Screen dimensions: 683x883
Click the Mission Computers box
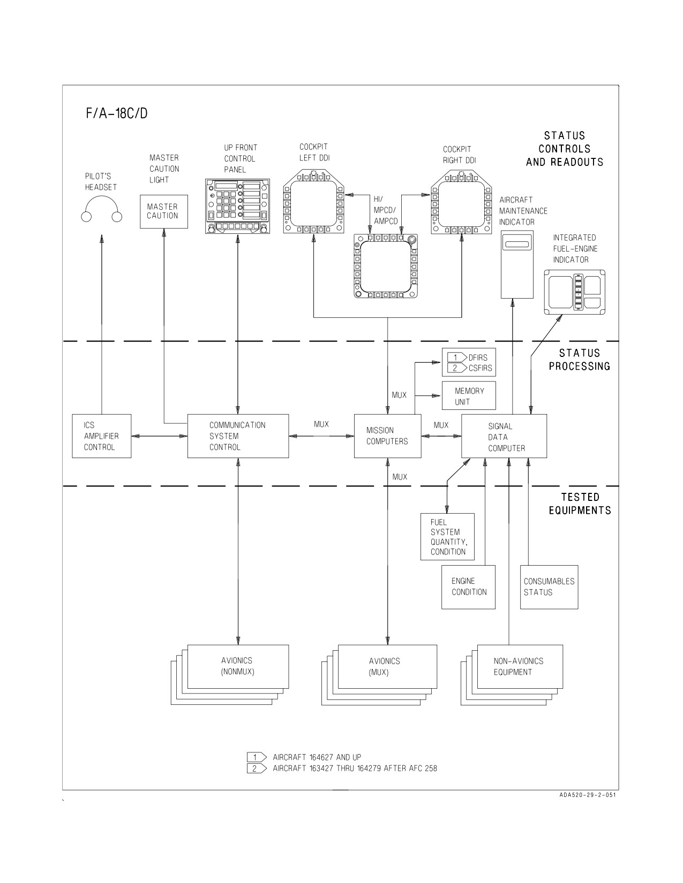coord(387,436)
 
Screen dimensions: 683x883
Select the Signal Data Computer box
coord(504,436)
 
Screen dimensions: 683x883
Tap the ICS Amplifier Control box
coord(102,436)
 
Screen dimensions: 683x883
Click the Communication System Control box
coord(238,436)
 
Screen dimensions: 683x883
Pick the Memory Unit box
coord(469,395)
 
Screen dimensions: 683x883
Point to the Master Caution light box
coord(164,211)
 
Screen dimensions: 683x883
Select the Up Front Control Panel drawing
coord(237,206)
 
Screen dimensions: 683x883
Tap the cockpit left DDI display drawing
coord(313,202)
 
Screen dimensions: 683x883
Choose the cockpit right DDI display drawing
coord(461,202)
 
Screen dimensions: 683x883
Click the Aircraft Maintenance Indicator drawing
coord(516,264)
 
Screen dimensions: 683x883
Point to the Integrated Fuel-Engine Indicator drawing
coord(574,292)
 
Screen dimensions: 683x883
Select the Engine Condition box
coord(468,587)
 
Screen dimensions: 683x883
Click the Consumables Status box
coord(549,587)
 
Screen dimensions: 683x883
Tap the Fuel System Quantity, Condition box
coord(447,537)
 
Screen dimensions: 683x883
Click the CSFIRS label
coord(480,368)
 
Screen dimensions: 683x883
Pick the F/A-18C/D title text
coord(117,113)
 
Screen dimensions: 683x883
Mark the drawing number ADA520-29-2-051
coord(588,806)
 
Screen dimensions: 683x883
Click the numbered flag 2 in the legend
coord(257,768)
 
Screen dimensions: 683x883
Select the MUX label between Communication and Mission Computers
coord(321,424)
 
